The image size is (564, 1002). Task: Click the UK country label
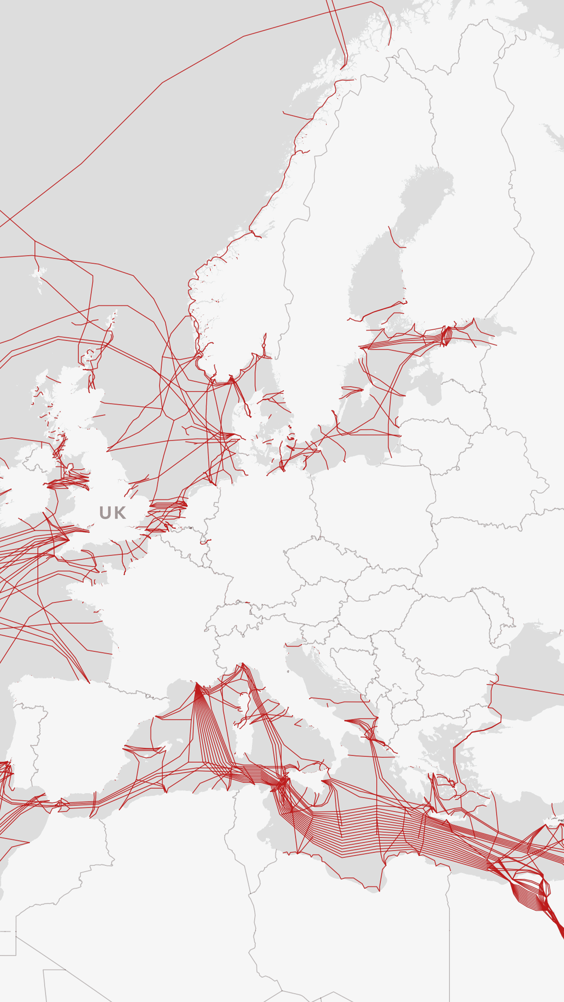click(113, 513)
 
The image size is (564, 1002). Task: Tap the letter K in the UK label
click(120, 513)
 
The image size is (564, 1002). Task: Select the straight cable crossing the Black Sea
click(529, 689)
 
